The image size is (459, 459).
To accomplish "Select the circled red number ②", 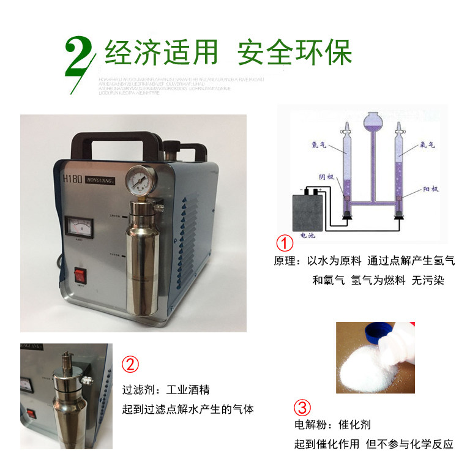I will click(130, 365).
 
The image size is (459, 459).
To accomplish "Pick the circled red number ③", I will click(302, 407).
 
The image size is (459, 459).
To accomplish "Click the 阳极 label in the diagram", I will click(428, 190).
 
